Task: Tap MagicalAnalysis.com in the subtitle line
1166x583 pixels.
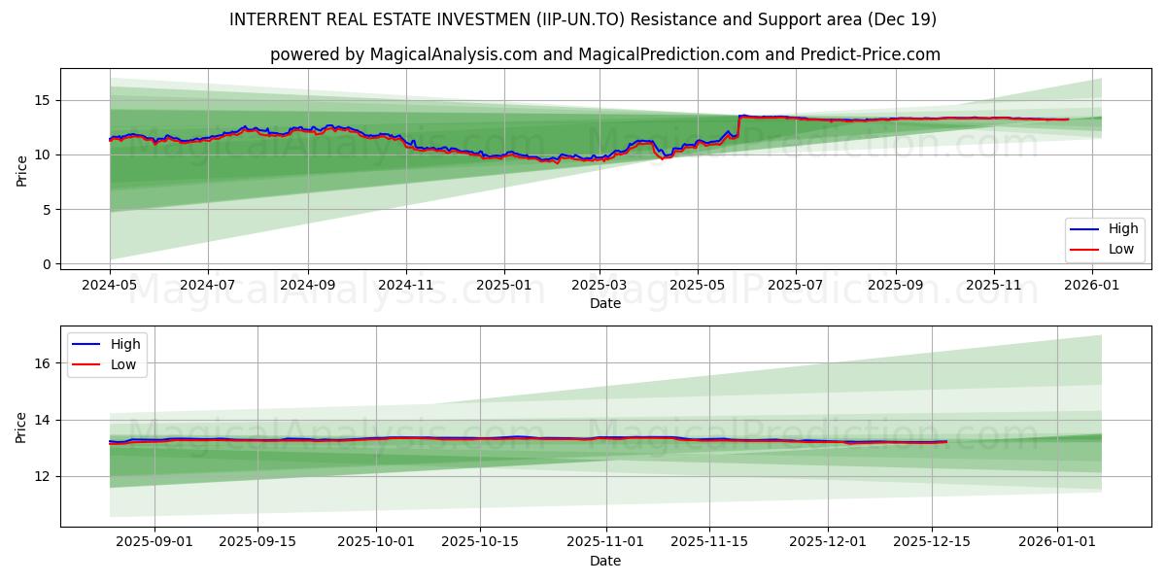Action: click(453, 54)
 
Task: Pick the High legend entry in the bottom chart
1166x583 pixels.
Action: click(125, 344)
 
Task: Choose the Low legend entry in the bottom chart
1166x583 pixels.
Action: click(125, 364)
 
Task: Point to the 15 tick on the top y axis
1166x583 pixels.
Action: click(44, 100)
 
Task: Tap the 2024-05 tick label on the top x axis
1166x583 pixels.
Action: click(110, 285)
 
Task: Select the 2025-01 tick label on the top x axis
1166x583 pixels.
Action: click(504, 285)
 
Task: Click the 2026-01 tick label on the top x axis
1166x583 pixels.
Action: click(1093, 285)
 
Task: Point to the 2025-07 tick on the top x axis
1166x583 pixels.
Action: click(795, 285)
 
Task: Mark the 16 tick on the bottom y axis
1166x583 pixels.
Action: click(44, 363)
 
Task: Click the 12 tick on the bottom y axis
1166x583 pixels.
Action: click(44, 476)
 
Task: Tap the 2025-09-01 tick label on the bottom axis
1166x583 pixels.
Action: click(154, 542)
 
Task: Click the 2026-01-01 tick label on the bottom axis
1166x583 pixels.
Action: click(1057, 542)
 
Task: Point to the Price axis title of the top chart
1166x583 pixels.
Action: click(21, 169)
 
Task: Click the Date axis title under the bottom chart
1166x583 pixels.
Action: click(604, 561)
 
